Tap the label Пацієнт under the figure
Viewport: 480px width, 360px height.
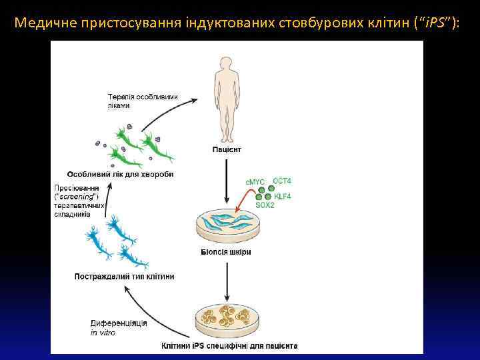tap(227, 149)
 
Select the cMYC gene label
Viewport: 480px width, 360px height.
tap(255, 181)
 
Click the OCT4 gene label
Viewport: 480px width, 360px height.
tap(282, 181)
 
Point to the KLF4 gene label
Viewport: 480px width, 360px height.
tap(283, 196)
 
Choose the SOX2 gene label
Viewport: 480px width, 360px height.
tap(265, 205)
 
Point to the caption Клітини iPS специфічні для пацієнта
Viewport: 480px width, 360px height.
tap(229, 346)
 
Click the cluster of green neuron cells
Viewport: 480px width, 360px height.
tap(137, 146)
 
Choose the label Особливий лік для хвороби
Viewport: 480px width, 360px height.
tap(120, 174)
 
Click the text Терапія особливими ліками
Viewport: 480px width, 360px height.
tap(142, 101)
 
